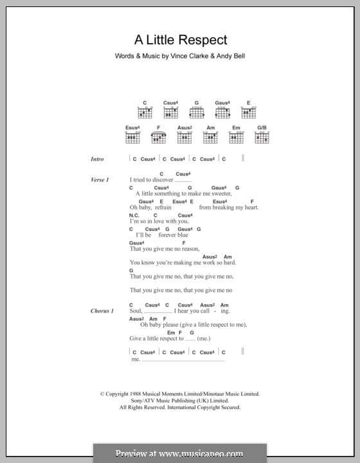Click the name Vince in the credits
click(x=181, y=56)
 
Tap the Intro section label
click(x=97, y=159)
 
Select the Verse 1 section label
click(x=100, y=179)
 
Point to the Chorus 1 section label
click(x=102, y=311)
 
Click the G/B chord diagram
click(x=262, y=137)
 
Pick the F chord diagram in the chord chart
click(x=158, y=137)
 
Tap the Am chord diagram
click(x=210, y=137)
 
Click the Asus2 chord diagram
click(x=184, y=137)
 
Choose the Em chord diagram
click(x=236, y=137)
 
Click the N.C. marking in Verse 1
click(x=134, y=215)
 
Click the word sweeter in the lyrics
click(x=217, y=194)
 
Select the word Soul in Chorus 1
click(x=135, y=311)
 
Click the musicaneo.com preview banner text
click(x=180, y=453)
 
